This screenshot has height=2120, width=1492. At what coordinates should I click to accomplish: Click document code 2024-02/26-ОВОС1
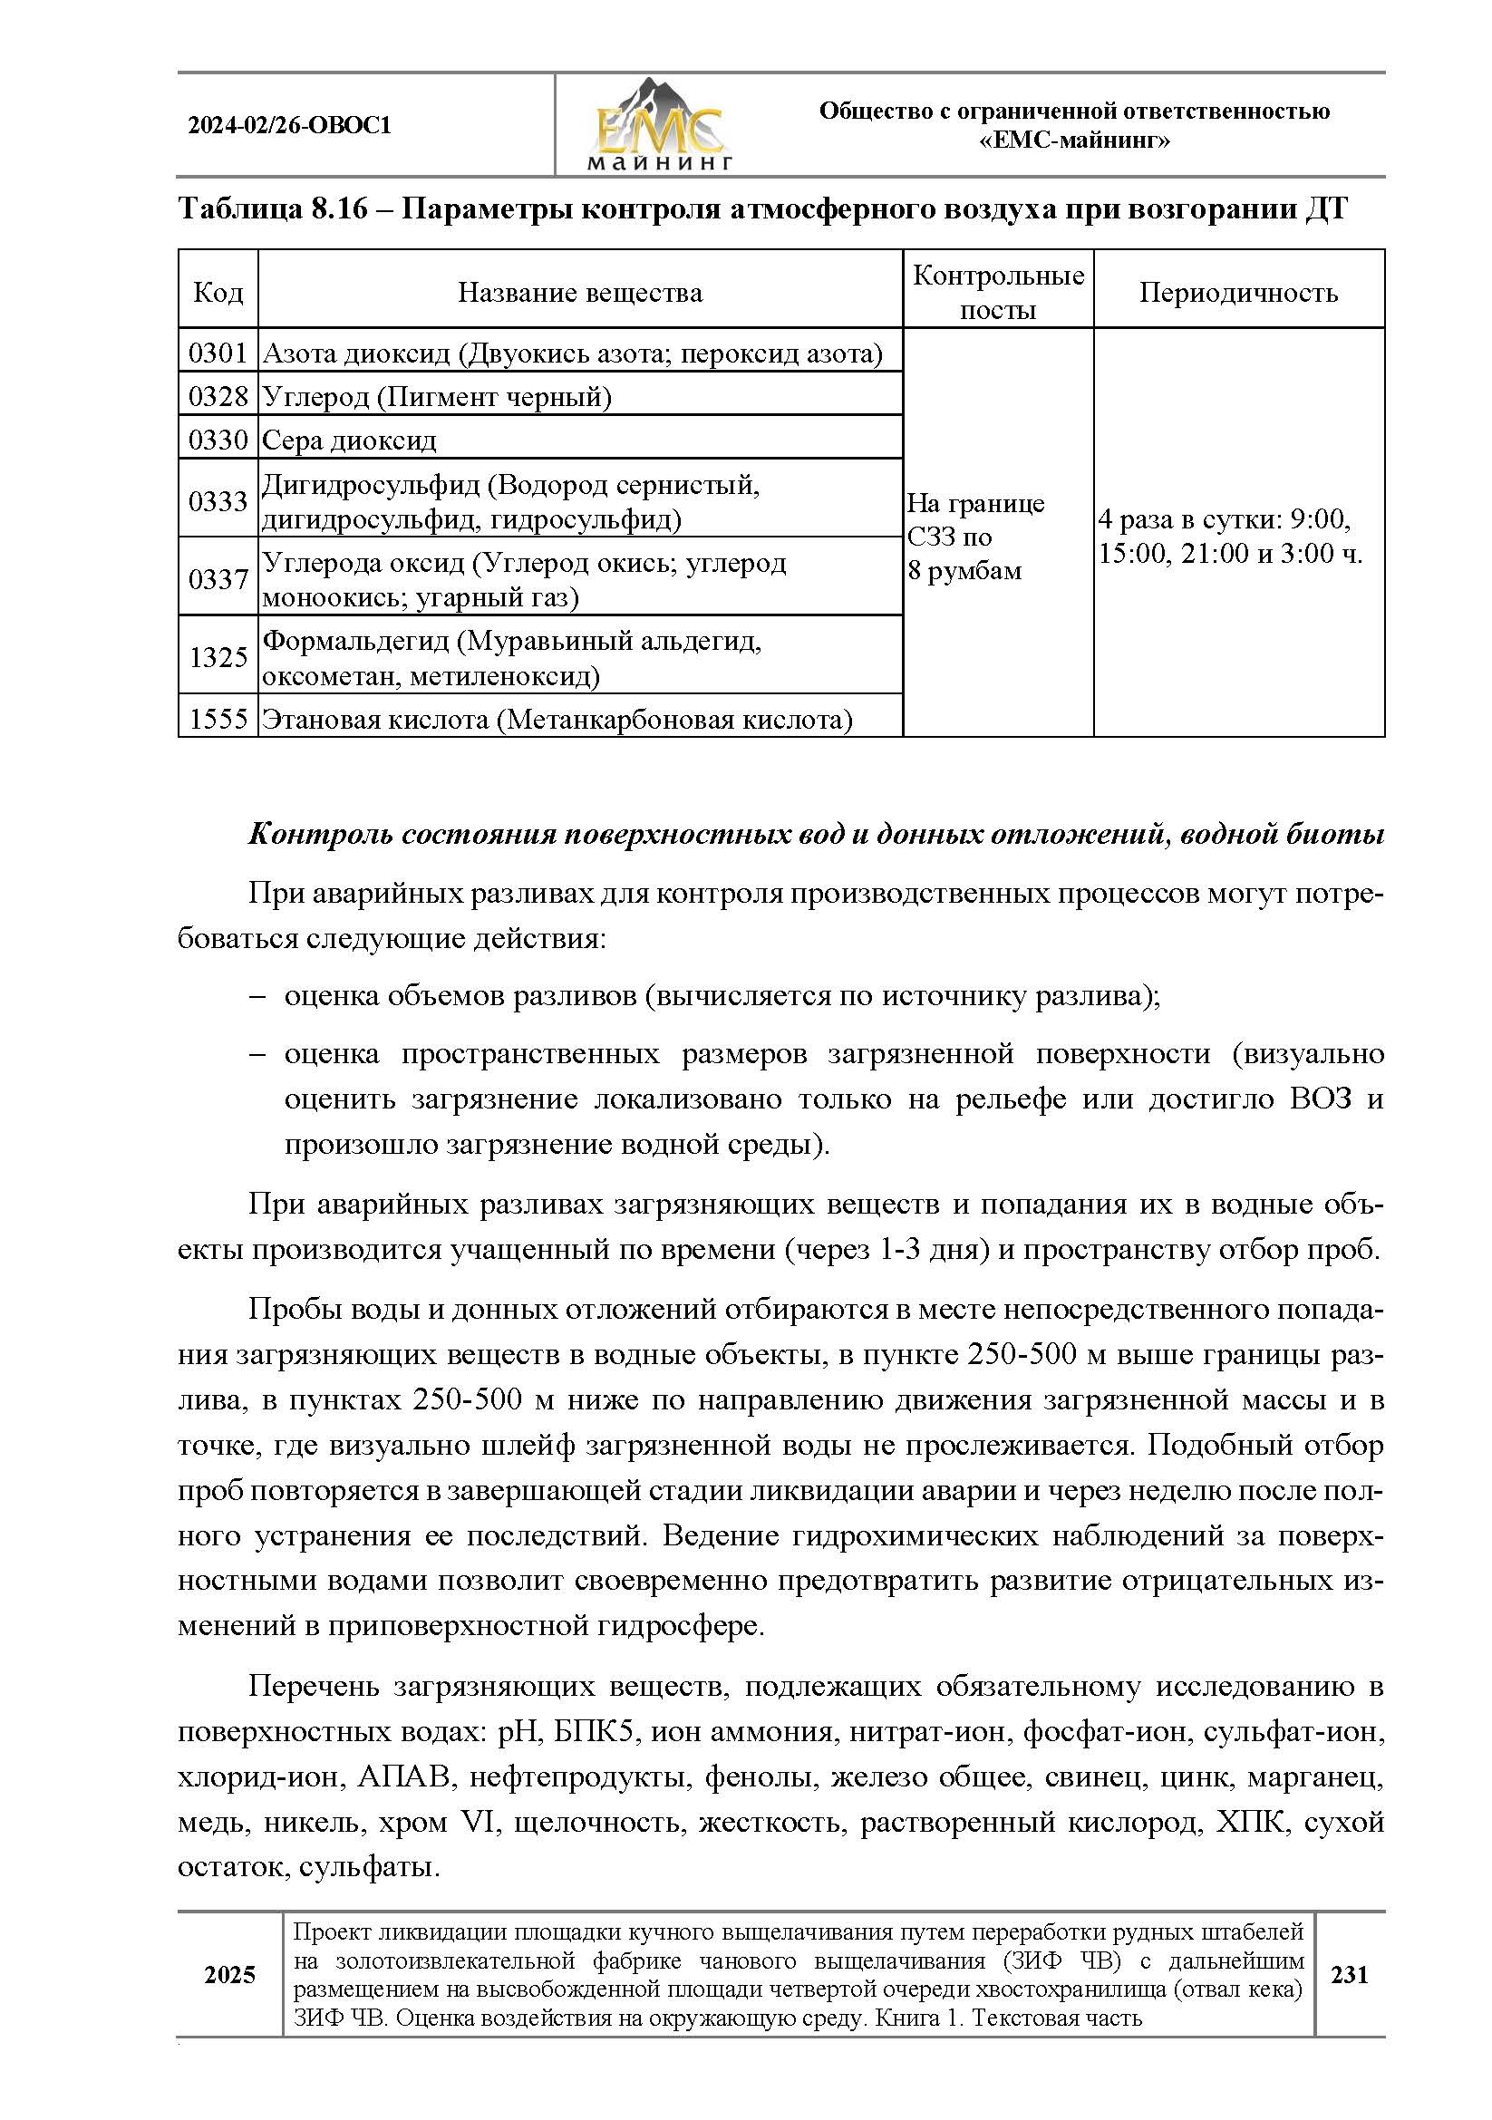(x=290, y=126)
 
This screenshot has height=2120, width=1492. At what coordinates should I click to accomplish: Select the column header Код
(x=218, y=293)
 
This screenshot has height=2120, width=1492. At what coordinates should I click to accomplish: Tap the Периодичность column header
(x=1238, y=293)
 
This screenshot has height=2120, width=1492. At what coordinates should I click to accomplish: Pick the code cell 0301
(x=218, y=353)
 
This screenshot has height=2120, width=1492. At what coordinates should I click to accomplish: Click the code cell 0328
(x=218, y=397)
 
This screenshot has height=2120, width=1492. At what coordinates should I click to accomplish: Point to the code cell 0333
(x=218, y=501)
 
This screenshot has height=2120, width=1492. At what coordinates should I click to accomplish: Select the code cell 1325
(x=218, y=657)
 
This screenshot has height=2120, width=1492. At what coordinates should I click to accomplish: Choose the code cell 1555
(x=218, y=720)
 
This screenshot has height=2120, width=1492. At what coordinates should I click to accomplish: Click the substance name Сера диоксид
(x=349, y=440)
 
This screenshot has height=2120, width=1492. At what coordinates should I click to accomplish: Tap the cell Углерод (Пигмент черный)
(x=437, y=397)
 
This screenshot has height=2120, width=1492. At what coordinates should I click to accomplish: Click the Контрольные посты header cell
(x=998, y=293)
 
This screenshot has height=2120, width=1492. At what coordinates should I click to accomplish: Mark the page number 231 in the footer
(x=1349, y=1974)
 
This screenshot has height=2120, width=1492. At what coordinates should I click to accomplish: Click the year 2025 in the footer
(x=230, y=1974)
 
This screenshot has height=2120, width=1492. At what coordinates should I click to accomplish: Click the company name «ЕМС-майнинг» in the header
(x=1074, y=140)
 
